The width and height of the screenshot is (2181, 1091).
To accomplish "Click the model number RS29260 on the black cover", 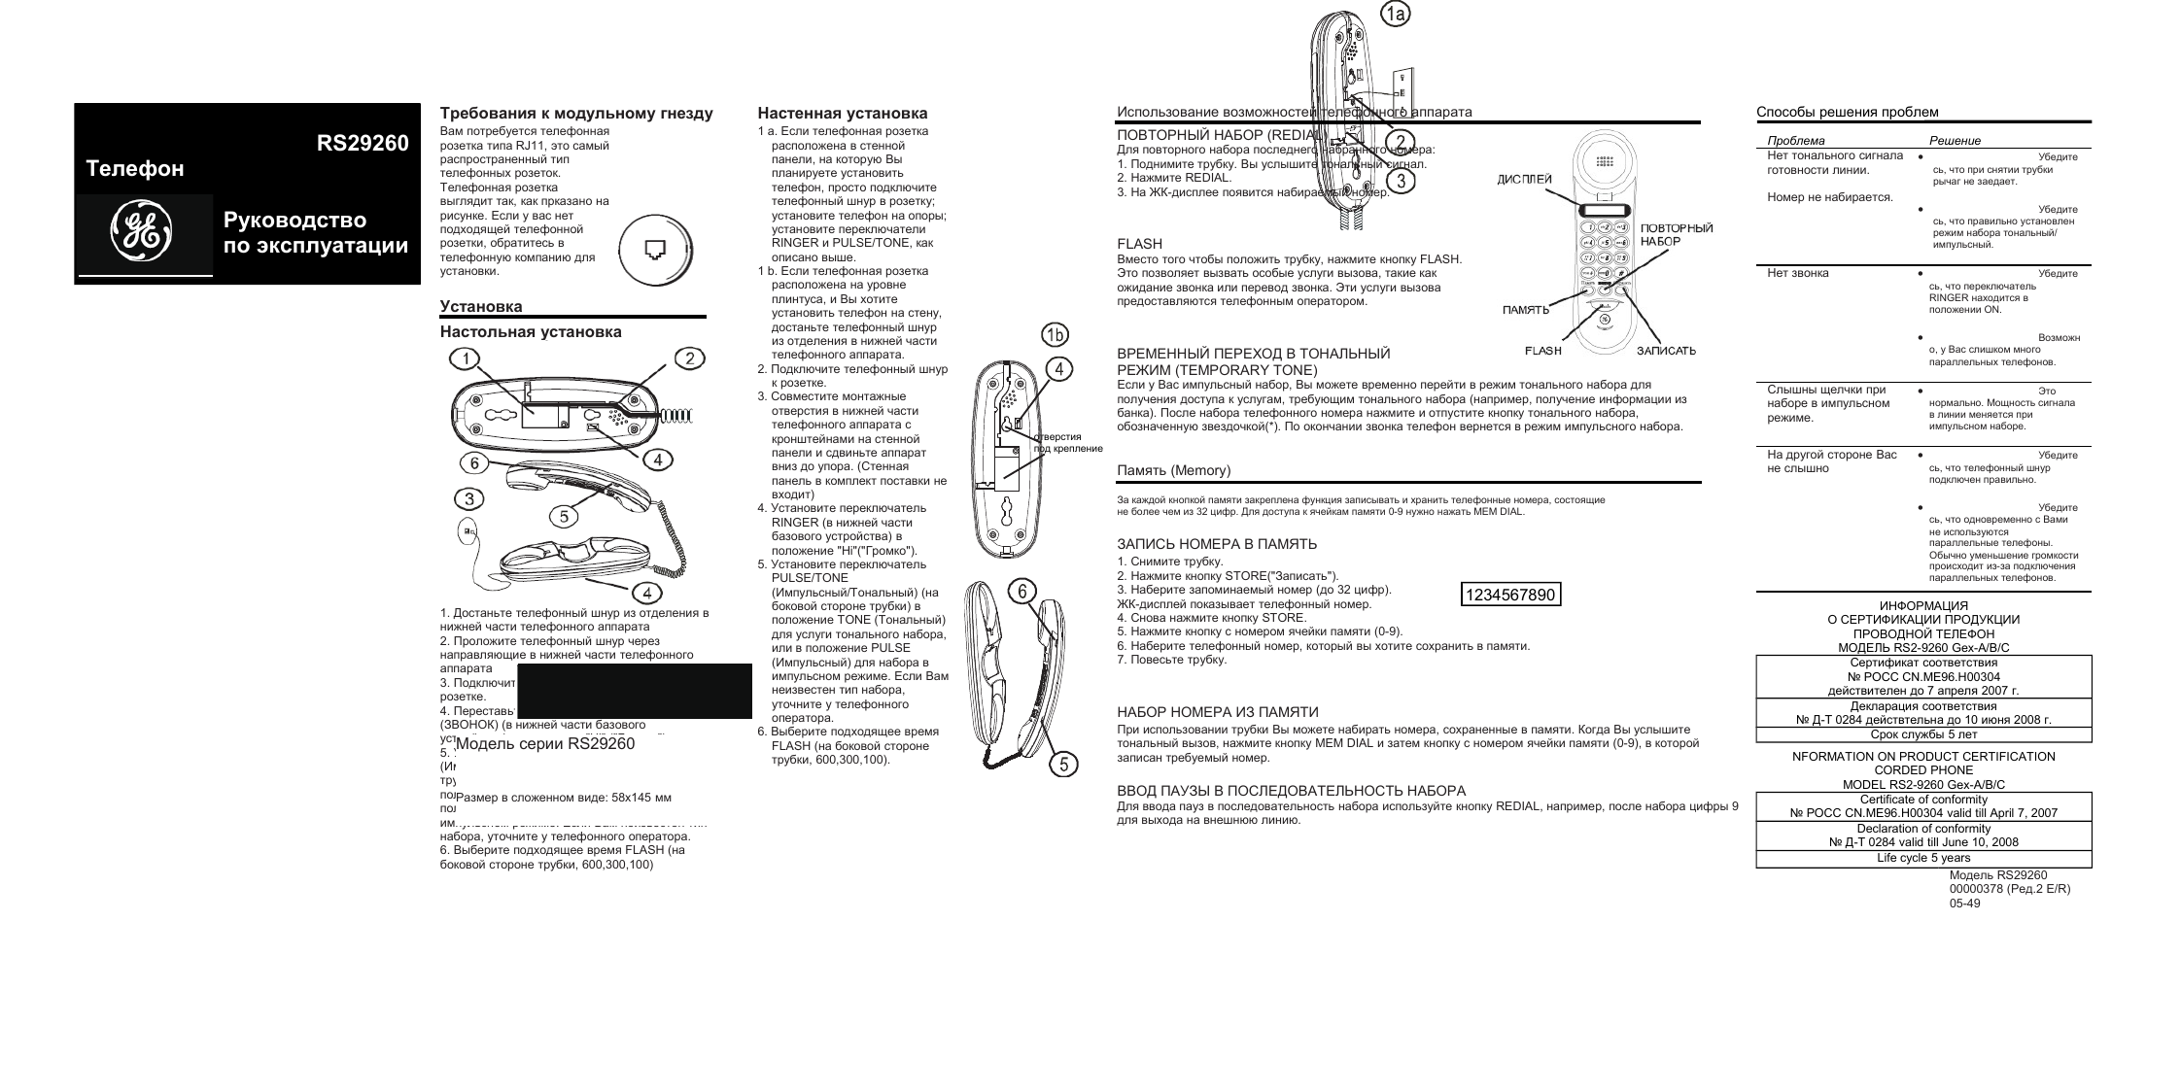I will pyautogui.click(x=362, y=144).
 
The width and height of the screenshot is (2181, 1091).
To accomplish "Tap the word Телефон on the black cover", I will pyautogui.click(x=135, y=169).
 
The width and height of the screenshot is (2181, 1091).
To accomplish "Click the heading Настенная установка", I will pyautogui.click(x=842, y=114).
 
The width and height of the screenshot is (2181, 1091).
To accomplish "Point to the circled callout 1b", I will pyautogui.click(x=1055, y=335).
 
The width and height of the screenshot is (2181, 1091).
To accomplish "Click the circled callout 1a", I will pyautogui.click(x=1396, y=14).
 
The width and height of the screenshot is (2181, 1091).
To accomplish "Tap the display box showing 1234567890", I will pyautogui.click(x=1511, y=595).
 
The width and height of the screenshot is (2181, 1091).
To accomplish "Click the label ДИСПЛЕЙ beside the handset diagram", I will pyautogui.click(x=1524, y=180).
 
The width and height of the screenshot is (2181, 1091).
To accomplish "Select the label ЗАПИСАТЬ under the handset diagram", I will pyautogui.click(x=1666, y=351).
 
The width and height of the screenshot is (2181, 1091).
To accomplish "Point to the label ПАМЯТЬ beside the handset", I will pyautogui.click(x=1525, y=311).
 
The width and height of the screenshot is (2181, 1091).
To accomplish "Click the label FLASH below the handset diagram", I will pyautogui.click(x=1542, y=351).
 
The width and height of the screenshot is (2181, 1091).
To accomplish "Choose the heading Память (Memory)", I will pyautogui.click(x=1173, y=471).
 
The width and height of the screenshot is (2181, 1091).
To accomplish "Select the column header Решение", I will pyautogui.click(x=1955, y=141).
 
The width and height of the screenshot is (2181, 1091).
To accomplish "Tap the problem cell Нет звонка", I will pyautogui.click(x=1797, y=273).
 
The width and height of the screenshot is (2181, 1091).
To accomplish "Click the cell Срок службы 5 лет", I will pyautogui.click(x=1922, y=734).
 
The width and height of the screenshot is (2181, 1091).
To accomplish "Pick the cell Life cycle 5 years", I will pyautogui.click(x=1922, y=858).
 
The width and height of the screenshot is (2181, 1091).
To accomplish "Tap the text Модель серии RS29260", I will pyautogui.click(x=544, y=744).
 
